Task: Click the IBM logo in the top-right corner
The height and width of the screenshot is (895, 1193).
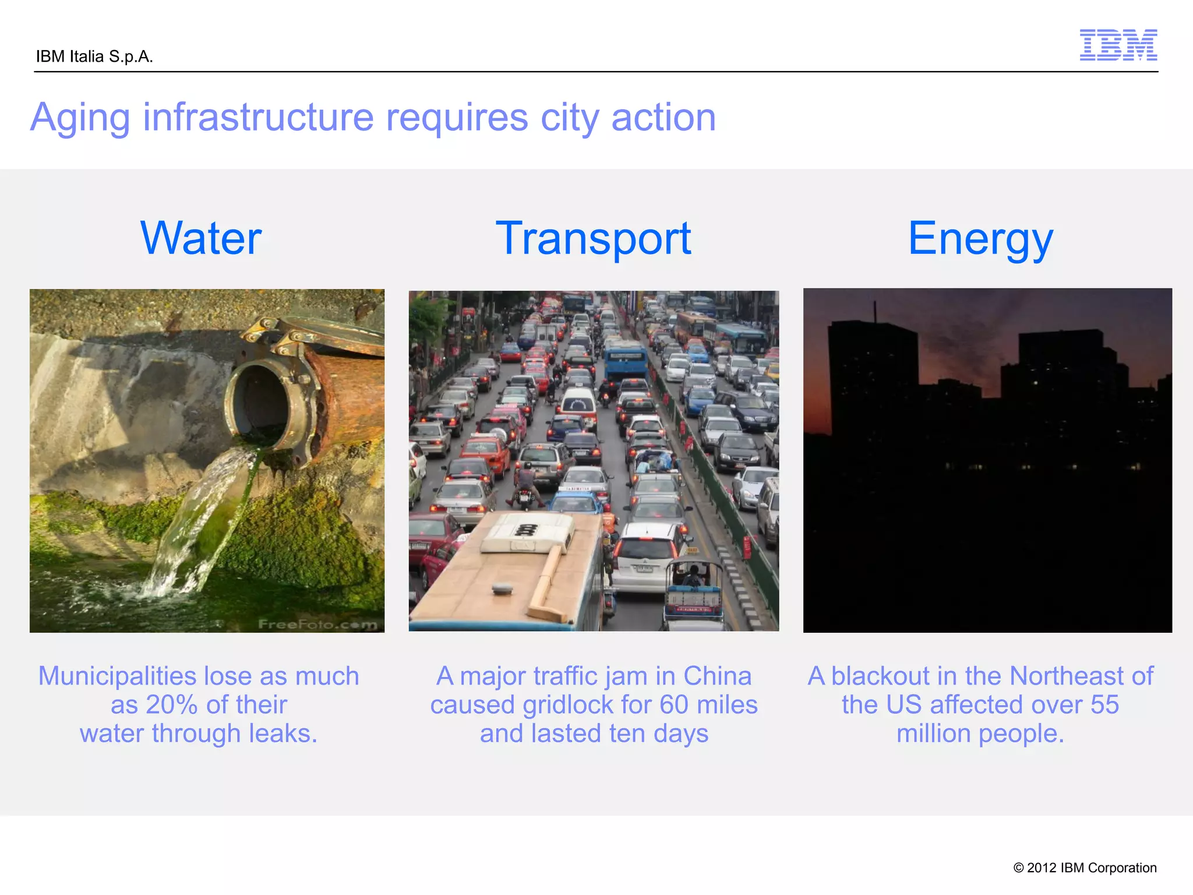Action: pyautogui.click(x=1118, y=45)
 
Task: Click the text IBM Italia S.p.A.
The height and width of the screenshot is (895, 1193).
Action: pyautogui.click(x=94, y=57)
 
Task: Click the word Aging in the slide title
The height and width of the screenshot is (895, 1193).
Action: pyautogui.click(x=80, y=118)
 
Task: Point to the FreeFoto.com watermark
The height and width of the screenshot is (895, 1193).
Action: pyautogui.click(x=317, y=624)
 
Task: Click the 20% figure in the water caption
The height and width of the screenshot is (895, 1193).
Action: pyautogui.click(x=171, y=704)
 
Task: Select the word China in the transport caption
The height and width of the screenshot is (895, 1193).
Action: pyautogui.click(x=717, y=676)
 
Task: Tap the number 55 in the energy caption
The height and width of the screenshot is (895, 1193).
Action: pyautogui.click(x=1104, y=704)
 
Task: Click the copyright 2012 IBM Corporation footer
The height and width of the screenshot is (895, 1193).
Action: pyautogui.click(x=1085, y=868)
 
